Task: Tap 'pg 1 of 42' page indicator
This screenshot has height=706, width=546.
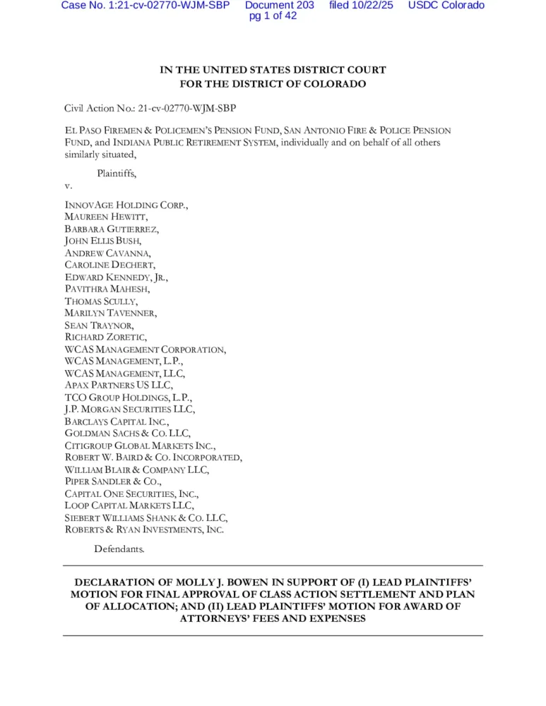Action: click(273, 16)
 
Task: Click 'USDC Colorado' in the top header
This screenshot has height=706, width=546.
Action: click(446, 6)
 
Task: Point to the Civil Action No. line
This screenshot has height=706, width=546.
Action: click(150, 108)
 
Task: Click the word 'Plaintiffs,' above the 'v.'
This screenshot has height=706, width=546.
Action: click(117, 173)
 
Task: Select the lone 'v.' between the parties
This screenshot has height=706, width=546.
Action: click(69, 186)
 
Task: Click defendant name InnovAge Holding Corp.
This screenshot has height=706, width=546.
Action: click(126, 205)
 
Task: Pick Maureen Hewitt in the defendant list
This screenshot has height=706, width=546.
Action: click(106, 217)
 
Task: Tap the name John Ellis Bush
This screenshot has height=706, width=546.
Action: click(103, 241)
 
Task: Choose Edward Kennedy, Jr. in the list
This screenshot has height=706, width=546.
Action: click(117, 277)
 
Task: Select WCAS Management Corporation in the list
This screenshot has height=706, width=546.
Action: click(146, 349)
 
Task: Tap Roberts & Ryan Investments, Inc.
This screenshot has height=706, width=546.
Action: click(145, 529)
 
